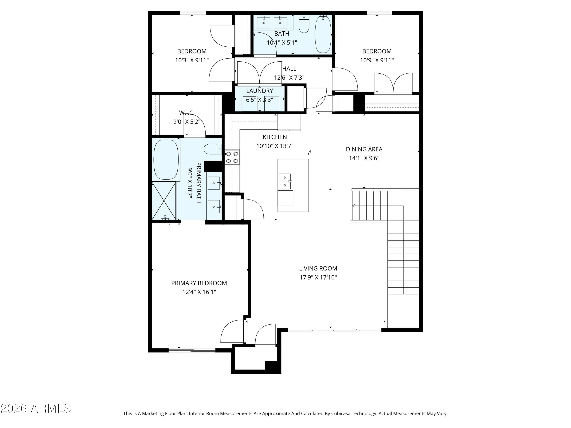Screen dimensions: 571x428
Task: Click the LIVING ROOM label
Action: (318, 268)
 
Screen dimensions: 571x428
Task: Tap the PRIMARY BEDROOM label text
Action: (199, 283)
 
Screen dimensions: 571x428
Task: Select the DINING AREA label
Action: (364, 149)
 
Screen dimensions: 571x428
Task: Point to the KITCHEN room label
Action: (275, 137)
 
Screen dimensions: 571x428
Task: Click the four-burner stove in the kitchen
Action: (232, 157)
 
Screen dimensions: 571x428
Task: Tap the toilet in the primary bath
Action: (213, 149)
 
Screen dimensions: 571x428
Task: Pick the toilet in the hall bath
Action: (304, 24)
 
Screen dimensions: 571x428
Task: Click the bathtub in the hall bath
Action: (323, 34)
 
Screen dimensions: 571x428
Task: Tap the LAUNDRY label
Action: (259, 91)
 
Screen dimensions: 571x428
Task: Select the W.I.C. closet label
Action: (187, 113)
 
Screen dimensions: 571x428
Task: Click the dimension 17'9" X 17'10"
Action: (318, 277)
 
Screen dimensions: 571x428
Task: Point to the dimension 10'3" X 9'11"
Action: (192, 60)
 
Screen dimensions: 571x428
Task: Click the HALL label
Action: (289, 69)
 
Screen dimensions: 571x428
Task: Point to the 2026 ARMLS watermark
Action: (36, 408)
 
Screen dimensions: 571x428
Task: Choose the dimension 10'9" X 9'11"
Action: (377, 60)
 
